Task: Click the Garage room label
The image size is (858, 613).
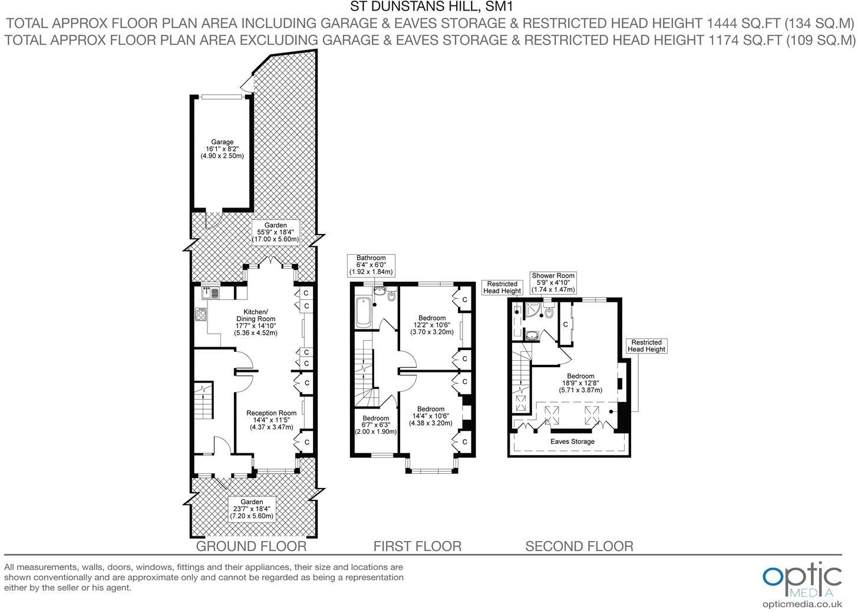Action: [222, 149]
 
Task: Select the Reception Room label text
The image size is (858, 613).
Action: [271, 420]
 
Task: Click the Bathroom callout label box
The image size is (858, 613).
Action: [371, 265]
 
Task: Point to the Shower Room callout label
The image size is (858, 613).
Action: [553, 282]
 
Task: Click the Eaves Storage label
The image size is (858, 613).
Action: [572, 441]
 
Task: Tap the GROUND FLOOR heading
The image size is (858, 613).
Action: [251, 546]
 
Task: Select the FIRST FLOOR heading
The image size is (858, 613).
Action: [417, 546]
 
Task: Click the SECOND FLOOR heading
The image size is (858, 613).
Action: [579, 546]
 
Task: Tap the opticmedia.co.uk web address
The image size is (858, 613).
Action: [802, 604]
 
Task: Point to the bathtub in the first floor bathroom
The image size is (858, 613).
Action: [364, 312]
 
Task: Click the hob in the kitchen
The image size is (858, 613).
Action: [201, 314]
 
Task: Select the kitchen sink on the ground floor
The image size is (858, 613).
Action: [209, 292]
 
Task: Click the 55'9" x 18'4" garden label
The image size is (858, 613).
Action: [275, 232]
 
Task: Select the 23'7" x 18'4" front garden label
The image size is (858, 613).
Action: [252, 509]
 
